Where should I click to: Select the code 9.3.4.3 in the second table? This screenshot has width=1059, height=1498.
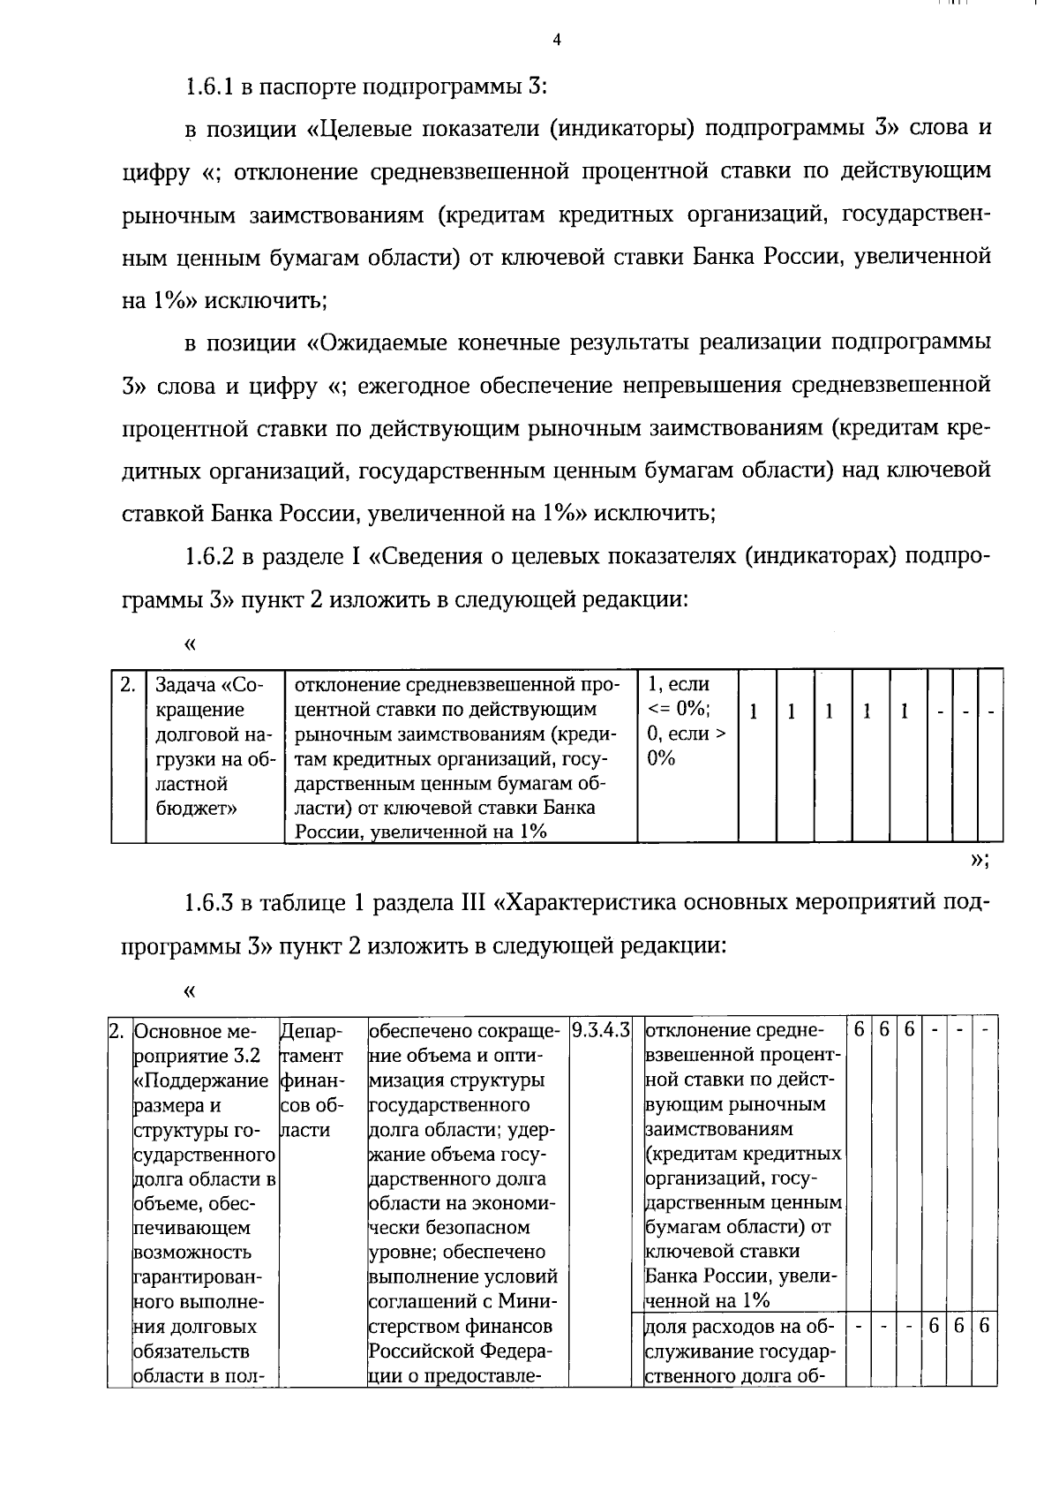[x=600, y=1030]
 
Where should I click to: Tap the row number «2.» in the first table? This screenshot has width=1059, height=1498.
[x=128, y=685]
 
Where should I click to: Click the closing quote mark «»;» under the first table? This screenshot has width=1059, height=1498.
[x=979, y=861]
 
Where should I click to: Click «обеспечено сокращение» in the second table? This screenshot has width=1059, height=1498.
[x=465, y=1031]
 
